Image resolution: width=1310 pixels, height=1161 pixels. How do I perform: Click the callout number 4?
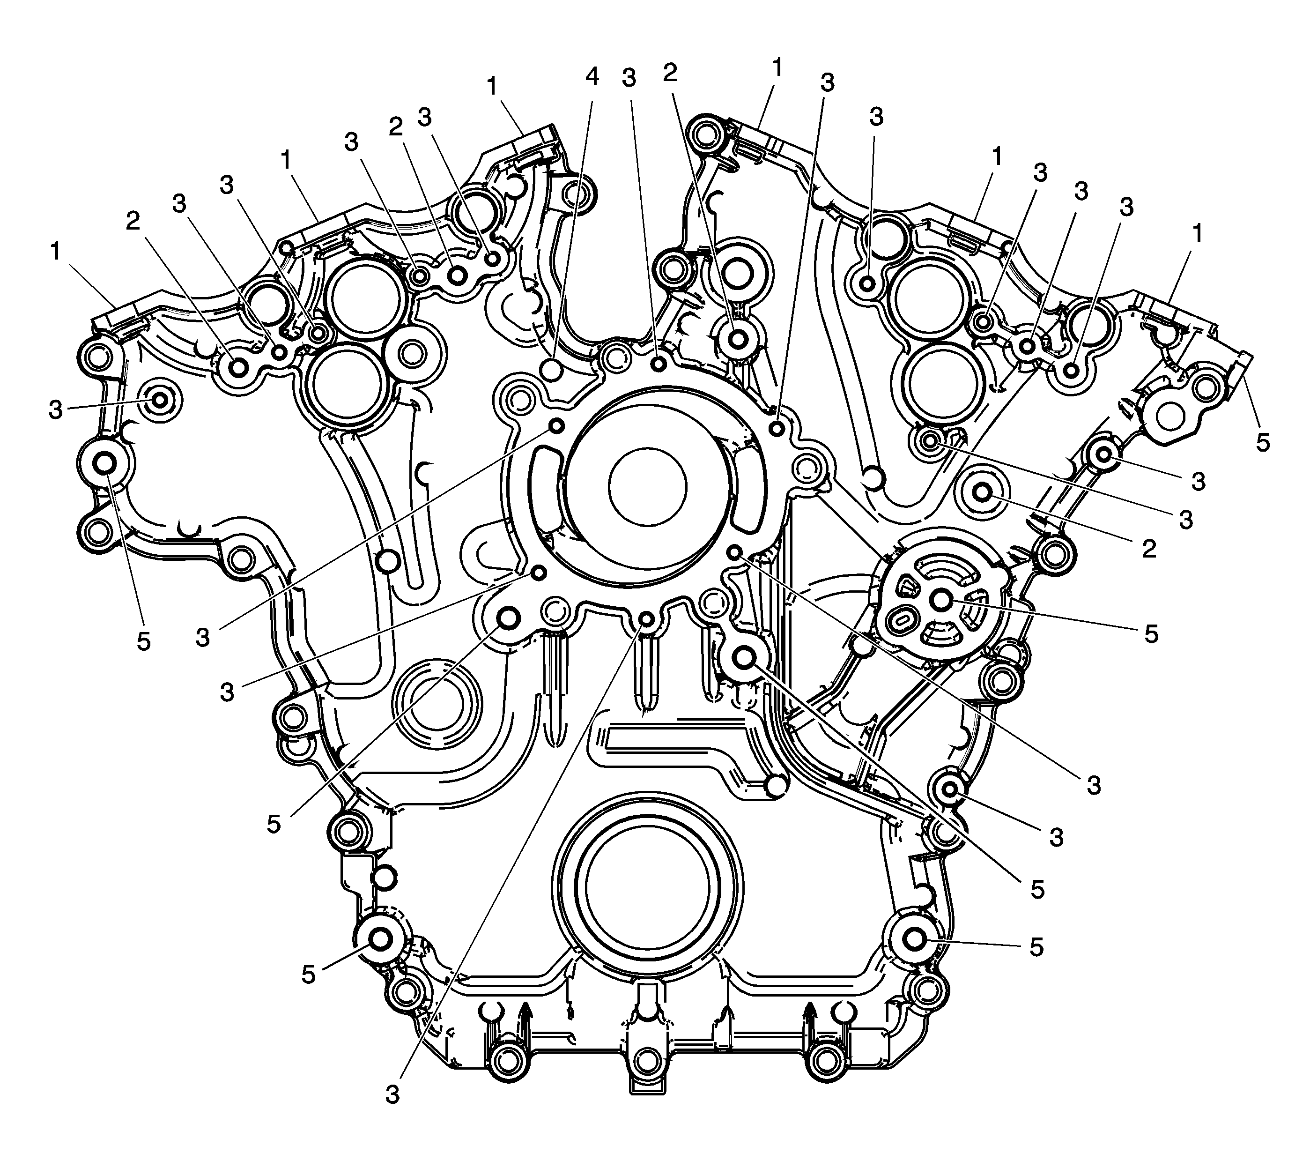(592, 76)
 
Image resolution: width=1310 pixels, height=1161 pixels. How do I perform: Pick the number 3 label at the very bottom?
(392, 1094)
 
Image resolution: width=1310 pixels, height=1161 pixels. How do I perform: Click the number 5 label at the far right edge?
(1263, 442)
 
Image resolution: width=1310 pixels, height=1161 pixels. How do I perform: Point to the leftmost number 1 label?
(56, 252)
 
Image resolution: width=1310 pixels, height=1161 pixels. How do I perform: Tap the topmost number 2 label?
(670, 73)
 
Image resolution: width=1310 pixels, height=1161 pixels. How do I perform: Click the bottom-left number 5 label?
(308, 975)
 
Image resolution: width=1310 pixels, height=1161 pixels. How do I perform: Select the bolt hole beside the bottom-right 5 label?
(913, 938)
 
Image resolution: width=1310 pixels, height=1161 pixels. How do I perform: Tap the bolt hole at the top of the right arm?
(704, 134)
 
